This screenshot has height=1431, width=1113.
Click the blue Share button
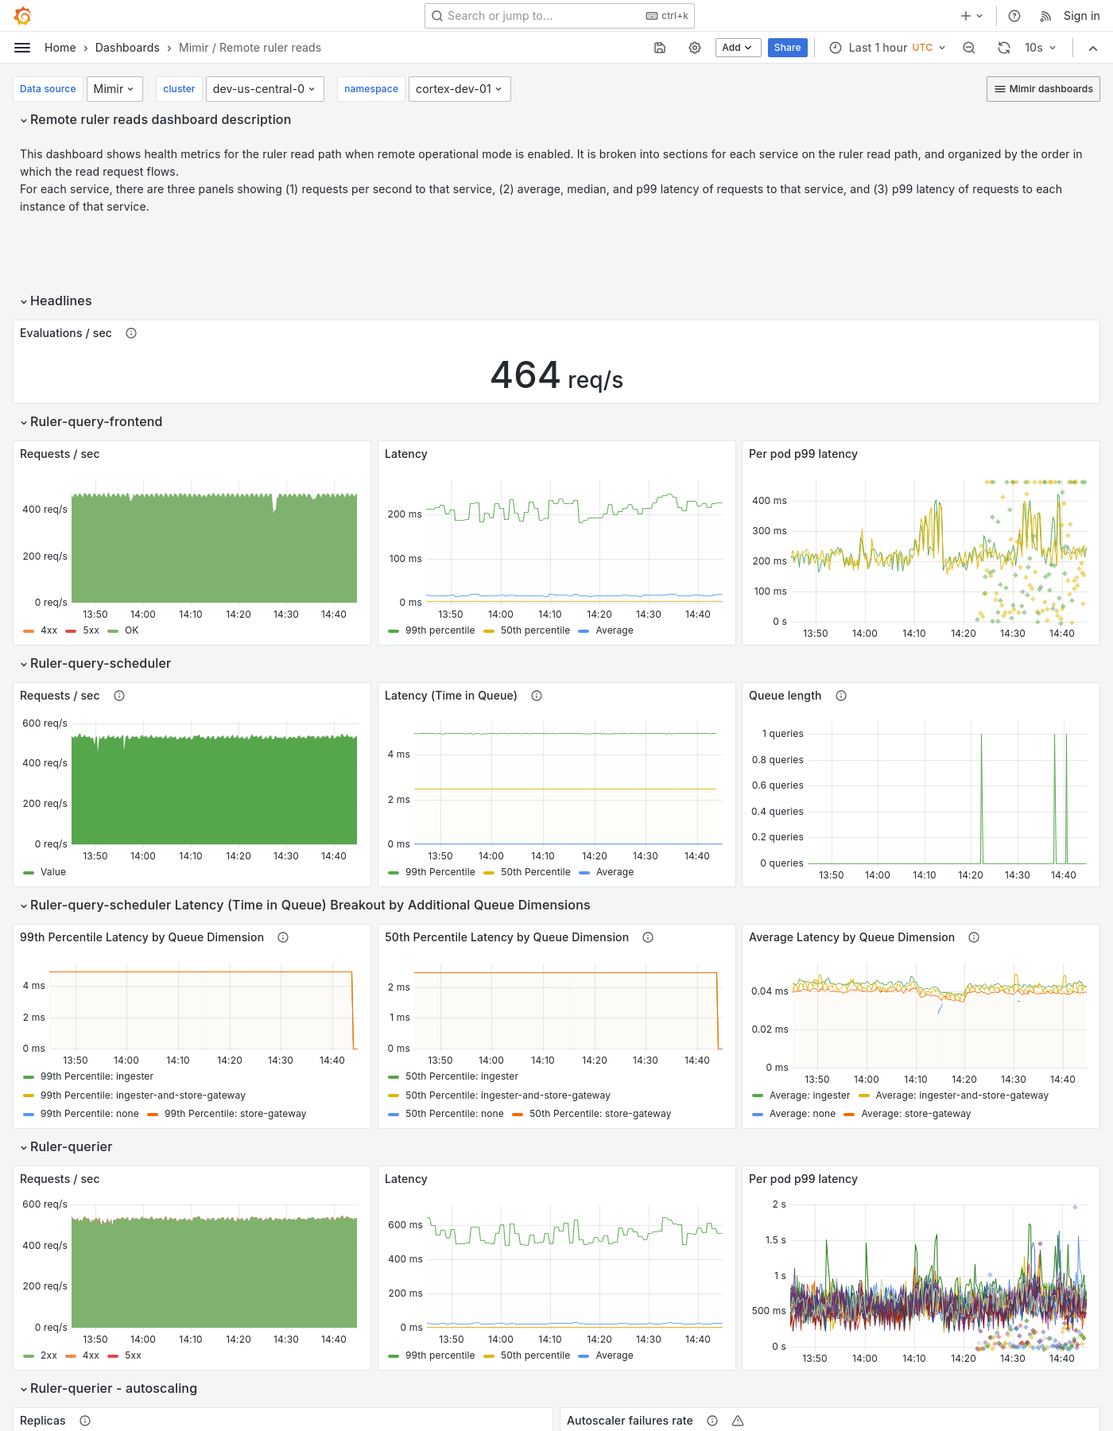coord(787,48)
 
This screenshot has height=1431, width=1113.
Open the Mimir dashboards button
coord(1043,89)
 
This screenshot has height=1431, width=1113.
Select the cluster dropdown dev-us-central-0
coord(263,89)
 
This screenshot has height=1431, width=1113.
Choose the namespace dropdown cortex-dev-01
coord(459,89)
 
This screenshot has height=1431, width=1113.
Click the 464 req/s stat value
coord(556,376)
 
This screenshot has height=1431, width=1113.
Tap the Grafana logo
coord(23,16)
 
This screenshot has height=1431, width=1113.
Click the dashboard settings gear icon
coord(695,48)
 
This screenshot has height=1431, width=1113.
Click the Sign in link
coord(1081,16)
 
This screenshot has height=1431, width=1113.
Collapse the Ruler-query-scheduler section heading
coord(100,663)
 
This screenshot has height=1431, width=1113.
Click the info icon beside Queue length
coord(841,696)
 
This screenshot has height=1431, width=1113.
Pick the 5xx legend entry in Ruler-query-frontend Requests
coord(91,630)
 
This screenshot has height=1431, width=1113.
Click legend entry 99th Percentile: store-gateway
coord(235,1114)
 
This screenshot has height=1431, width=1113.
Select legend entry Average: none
coord(801,1114)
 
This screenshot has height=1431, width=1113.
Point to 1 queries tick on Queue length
coord(782,734)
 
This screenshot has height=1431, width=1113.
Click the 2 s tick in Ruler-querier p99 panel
coord(779,1204)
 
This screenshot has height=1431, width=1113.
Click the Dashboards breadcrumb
coord(127,48)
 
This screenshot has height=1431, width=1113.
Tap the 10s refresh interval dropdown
coord(1040,48)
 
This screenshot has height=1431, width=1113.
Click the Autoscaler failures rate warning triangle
coord(738,1421)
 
